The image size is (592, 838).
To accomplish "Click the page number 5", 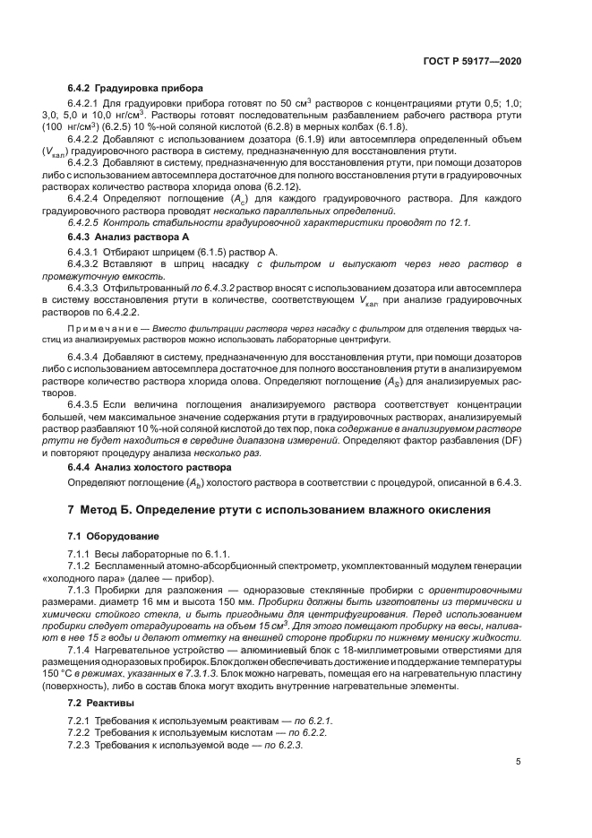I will pyautogui.click(x=519, y=762).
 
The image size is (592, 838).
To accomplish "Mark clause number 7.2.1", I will pyautogui.click(x=79, y=695).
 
